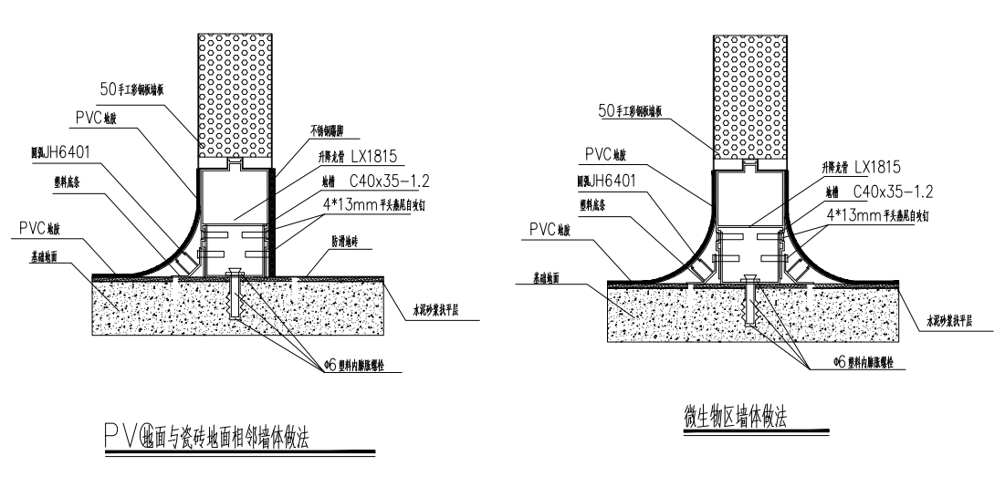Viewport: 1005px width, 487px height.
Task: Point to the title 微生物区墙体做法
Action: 736,417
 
